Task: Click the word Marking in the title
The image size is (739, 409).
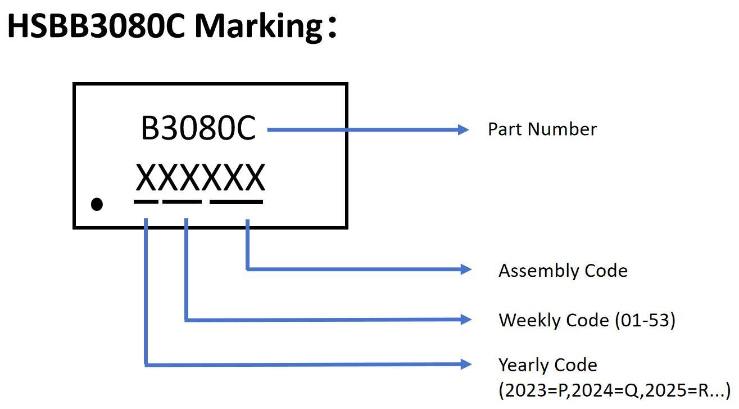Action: pyautogui.click(x=258, y=26)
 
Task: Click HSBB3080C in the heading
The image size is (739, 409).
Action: pyautogui.click(x=96, y=26)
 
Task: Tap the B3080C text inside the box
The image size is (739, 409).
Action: pyautogui.click(x=198, y=129)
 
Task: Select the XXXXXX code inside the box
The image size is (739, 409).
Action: pyautogui.click(x=200, y=178)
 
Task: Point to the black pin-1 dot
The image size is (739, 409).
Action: pyautogui.click(x=97, y=204)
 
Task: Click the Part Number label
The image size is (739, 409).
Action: pyautogui.click(x=542, y=129)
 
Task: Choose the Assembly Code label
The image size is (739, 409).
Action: pyautogui.click(x=563, y=271)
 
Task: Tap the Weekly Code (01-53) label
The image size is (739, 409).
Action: pyautogui.click(x=587, y=320)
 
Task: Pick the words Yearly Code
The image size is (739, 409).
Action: pyautogui.click(x=547, y=365)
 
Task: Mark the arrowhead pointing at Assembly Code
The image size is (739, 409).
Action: pyautogui.click(x=466, y=269)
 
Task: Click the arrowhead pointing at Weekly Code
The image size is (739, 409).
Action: pyautogui.click(x=466, y=320)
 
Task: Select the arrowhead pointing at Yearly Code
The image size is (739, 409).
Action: pyautogui.click(x=466, y=364)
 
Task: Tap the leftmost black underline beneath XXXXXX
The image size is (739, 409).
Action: pyautogui.click(x=146, y=201)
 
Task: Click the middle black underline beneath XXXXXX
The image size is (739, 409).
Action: pyautogui.click(x=182, y=201)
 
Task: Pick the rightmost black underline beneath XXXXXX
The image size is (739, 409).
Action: pyautogui.click(x=236, y=201)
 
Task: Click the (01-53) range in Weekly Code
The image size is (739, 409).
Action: pyautogui.click(x=645, y=320)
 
